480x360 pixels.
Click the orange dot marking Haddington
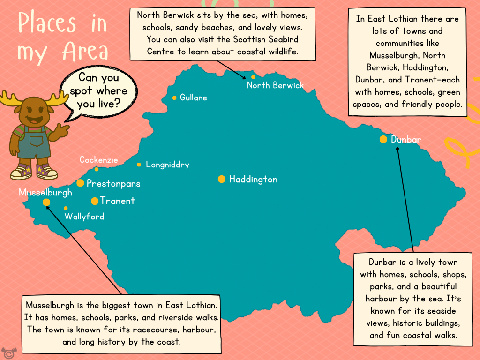click(x=222, y=179)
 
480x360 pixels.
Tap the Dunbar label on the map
click(x=406, y=139)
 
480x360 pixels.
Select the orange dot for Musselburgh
click(x=46, y=202)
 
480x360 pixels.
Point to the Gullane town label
click(x=193, y=97)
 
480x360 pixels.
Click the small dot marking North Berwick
click(x=253, y=77)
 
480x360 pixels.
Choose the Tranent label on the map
click(x=117, y=201)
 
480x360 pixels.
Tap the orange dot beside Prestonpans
click(x=80, y=183)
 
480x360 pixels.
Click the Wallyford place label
click(x=84, y=217)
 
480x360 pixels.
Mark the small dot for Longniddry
click(x=139, y=165)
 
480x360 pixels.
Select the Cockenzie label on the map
click(x=98, y=160)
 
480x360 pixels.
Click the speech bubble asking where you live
click(x=98, y=90)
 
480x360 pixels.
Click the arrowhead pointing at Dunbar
click(x=397, y=149)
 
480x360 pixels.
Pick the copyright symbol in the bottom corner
click(x=7, y=352)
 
